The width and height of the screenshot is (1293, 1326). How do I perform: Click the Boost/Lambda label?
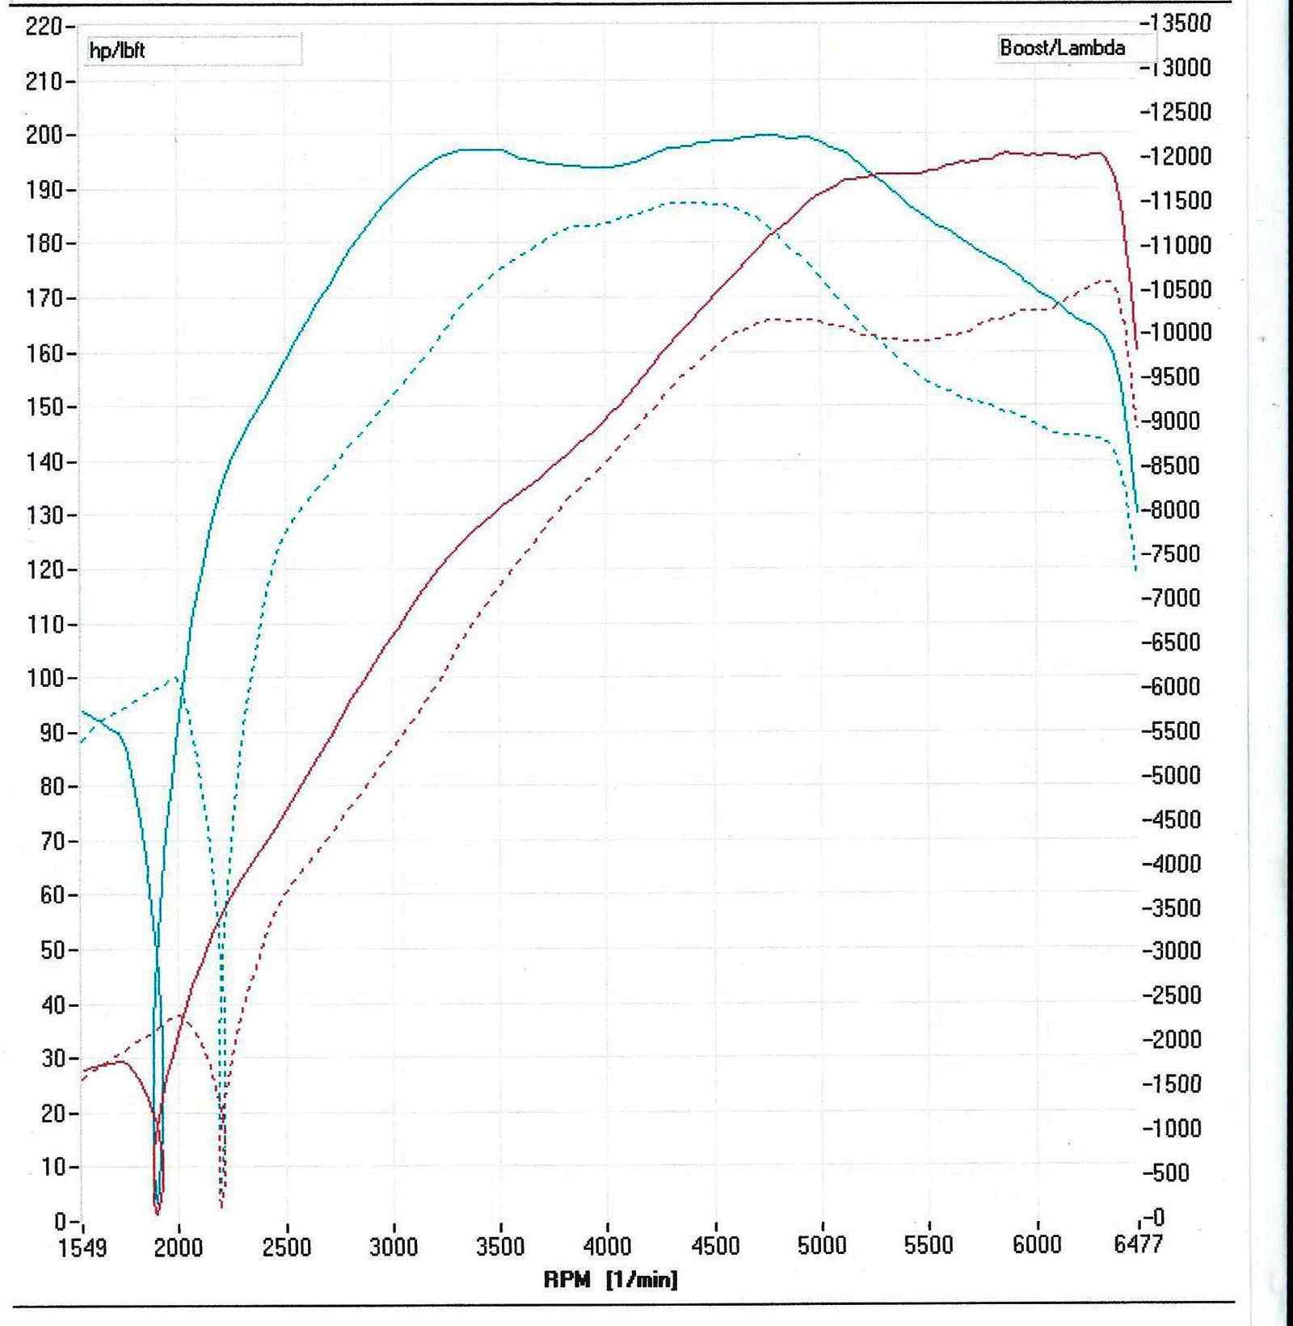tap(1062, 48)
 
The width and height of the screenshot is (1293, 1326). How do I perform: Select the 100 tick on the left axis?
tap(47, 678)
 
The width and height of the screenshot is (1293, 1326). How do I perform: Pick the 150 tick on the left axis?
tap(47, 406)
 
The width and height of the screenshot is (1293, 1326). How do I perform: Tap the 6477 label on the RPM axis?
tap(1138, 1244)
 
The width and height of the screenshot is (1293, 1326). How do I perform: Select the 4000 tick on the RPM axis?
tap(607, 1246)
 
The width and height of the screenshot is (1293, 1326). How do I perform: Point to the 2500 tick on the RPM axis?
tap(287, 1246)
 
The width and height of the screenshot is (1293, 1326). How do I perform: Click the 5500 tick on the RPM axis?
tap(929, 1246)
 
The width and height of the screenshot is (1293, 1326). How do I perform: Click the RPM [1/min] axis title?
tap(610, 1280)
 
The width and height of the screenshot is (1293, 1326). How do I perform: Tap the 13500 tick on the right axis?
tap(1178, 23)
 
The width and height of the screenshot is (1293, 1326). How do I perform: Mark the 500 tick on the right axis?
tap(1170, 1172)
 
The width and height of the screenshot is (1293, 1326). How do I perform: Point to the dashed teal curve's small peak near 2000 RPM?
tap(175, 677)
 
